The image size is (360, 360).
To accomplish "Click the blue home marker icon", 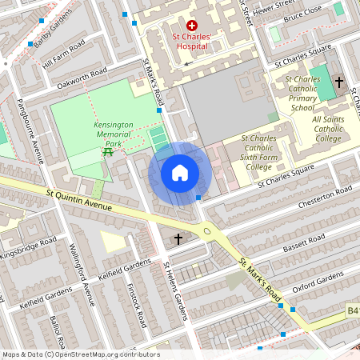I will [180, 173].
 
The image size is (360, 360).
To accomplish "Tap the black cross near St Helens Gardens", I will [178, 238].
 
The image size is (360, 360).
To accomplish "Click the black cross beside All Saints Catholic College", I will [339, 82].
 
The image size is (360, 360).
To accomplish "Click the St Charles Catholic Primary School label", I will [302, 94].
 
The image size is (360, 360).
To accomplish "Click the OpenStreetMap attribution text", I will [80, 354].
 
